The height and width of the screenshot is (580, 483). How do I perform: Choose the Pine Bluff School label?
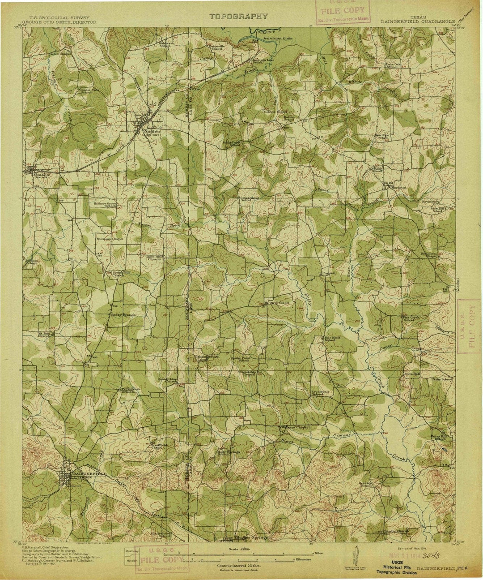pyautogui.click(x=330, y=339)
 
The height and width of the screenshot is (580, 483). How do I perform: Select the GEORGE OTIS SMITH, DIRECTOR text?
pyautogui.click(x=59, y=21)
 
